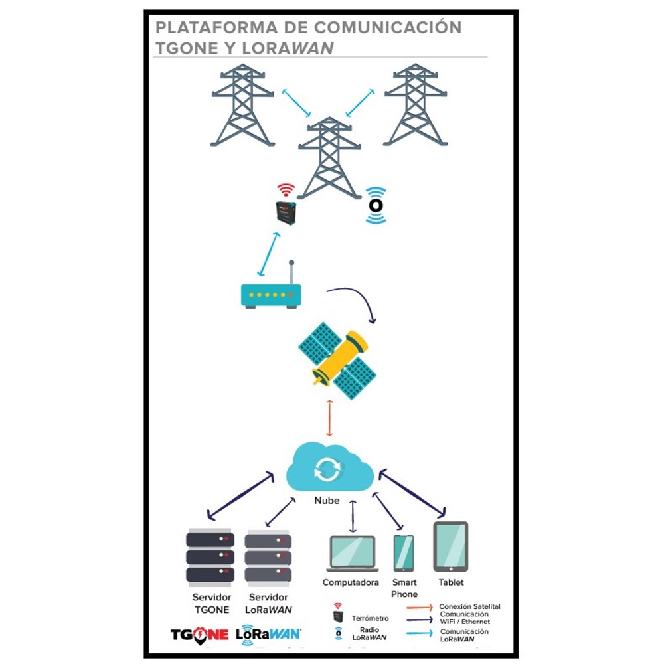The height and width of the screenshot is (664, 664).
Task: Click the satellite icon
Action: (337, 361)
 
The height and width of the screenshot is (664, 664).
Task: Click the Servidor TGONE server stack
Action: (210, 557)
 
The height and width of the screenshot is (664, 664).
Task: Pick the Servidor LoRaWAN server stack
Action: (268, 558)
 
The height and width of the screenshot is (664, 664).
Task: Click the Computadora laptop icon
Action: (352, 554)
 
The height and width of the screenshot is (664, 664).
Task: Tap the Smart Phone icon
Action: (404, 553)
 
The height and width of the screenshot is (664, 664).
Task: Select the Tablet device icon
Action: (451, 546)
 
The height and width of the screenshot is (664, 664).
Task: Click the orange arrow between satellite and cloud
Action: (329, 418)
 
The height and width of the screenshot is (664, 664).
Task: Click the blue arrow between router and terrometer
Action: (269, 254)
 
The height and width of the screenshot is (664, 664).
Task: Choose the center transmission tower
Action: (329, 157)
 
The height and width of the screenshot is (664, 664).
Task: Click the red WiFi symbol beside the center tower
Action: (286, 189)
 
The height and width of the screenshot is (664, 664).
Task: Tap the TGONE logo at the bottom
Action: (199, 635)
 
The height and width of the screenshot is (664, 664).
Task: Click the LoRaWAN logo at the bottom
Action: (268, 634)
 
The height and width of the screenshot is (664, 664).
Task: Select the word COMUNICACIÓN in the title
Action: (388, 27)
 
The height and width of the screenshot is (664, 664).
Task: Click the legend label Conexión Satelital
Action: (469, 606)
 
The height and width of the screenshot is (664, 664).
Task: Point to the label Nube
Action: (327, 501)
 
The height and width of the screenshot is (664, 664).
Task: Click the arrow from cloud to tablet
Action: (412, 494)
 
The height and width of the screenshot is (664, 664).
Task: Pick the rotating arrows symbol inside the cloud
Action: (327, 469)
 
